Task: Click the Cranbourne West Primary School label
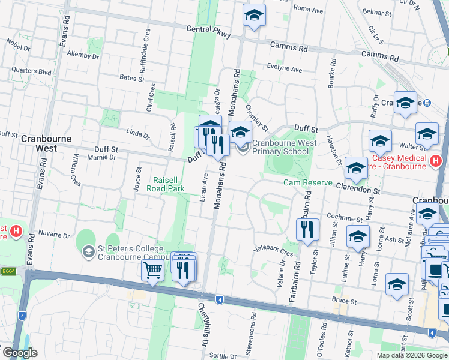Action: click(x=280, y=147)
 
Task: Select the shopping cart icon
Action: click(x=152, y=271)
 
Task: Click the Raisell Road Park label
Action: click(x=169, y=184)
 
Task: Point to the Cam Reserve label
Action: click(x=308, y=182)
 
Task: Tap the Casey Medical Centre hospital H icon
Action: click(x=436, y=161)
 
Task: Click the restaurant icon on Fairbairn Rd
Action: click(x=307, y=229)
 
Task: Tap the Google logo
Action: click(x=20, y=353)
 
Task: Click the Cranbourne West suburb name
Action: click(x=46, y=143)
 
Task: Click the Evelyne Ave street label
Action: click(x=285, y=69)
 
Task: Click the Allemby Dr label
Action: click(x=83, y=55)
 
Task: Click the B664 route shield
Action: click(x=8, y=271)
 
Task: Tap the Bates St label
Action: click(x=132, y=78)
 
